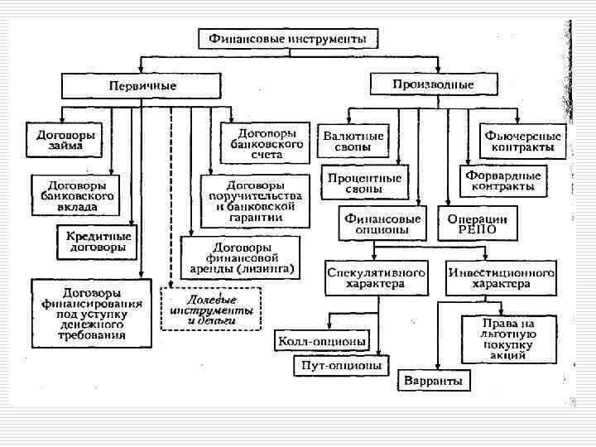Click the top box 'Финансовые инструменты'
pos(286,39)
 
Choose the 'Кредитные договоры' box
pos(99,241)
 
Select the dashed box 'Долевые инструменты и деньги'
pos(210,309)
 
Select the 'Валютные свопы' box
pos(353,142)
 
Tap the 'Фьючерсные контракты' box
pos(523,142)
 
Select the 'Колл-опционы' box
pos(322,340)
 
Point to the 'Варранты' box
pos(434,382)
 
